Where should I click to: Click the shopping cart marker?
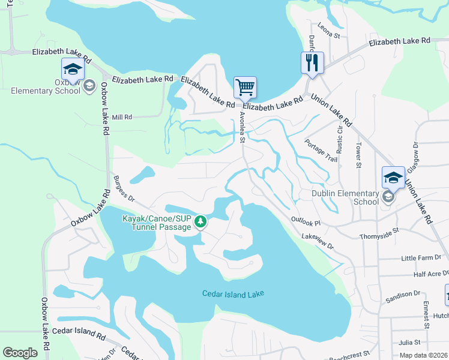(x=245, y=88)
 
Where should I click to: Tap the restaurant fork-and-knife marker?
(x=312, y=62)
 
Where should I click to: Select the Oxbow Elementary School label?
(x=59, y=86)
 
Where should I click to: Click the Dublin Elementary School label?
(x=345, y=197)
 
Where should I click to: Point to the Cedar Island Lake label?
(x=232, y=293)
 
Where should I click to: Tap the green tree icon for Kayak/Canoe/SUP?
(x=200, y=223)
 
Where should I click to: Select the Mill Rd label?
(x=122, y=117)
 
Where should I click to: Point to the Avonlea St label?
(x=242, y=127)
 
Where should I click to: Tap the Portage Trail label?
(x=321, y=151)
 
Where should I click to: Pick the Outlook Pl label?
(x=307, y=222)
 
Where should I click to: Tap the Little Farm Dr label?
(x=421, y=258)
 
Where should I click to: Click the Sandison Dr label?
(x=402, y=295)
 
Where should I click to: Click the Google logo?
(x=20, y=353)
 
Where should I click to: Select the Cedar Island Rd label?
(x=79, y=331)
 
